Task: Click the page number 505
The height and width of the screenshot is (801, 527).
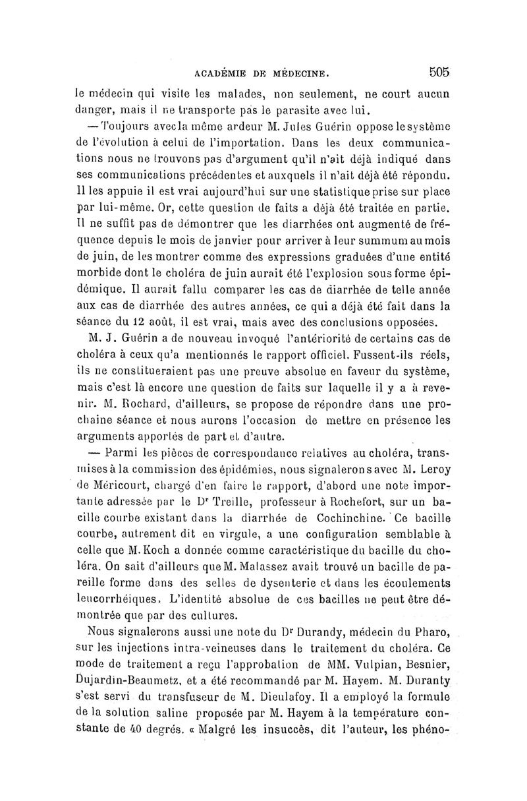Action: (x=437, y=71)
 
